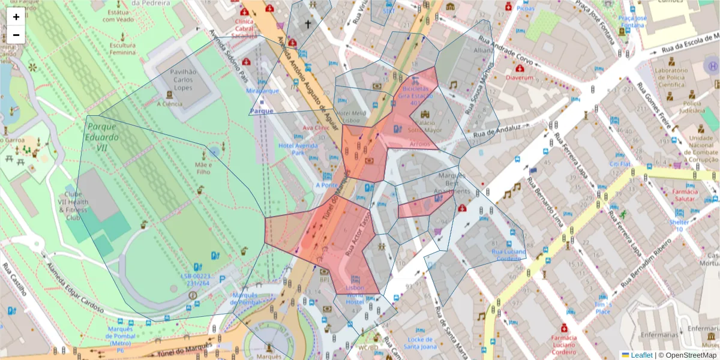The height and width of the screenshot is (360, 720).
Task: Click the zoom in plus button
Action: coord(16,17)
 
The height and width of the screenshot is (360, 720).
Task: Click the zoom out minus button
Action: coord(16,35)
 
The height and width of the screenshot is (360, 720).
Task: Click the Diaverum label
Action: coord(520,77)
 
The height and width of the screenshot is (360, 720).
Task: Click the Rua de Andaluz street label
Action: coord(494,128)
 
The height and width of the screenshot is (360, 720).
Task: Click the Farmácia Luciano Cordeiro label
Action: coord(565,341)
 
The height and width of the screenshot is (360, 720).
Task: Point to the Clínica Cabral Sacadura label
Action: coord(244,27)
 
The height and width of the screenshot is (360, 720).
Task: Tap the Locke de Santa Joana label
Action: coord(420,343)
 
